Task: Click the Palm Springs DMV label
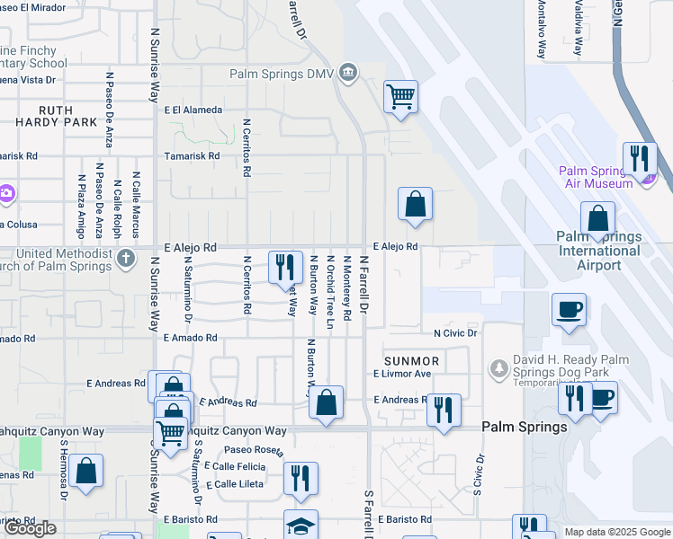281,75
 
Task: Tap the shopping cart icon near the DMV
400,96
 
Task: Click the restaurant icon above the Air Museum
640,158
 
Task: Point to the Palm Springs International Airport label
599,251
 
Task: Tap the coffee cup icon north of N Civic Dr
569,310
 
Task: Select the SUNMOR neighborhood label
411,360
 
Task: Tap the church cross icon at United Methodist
126,261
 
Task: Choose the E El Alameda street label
193,110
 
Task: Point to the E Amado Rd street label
190,338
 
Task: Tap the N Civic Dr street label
454,332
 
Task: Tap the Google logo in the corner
30,528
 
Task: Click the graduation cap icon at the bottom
301,526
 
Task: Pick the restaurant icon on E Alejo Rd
285,267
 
